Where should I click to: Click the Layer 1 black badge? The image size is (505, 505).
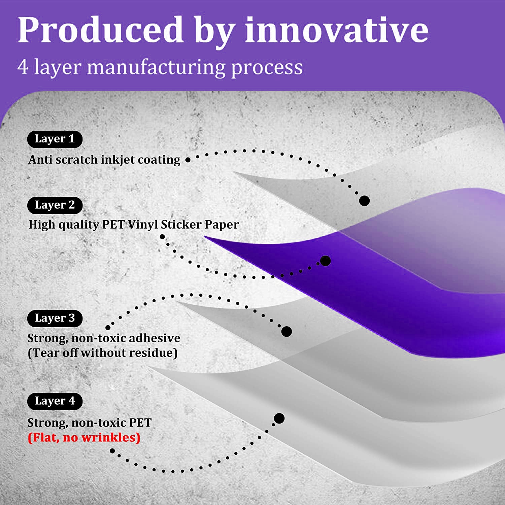55,139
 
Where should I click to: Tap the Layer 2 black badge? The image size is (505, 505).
55,205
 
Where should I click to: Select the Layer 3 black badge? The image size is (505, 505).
55,318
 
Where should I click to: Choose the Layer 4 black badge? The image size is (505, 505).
55,401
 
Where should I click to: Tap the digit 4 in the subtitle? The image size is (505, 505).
23,67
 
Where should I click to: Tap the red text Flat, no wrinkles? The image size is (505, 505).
84,438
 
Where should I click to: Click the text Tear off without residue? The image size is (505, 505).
103,353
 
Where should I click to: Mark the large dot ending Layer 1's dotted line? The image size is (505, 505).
364,201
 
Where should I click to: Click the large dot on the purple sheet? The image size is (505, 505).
325,261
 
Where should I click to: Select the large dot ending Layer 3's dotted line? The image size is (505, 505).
287,332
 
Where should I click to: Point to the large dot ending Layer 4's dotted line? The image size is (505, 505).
279,418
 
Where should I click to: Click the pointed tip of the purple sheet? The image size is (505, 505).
205,237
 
